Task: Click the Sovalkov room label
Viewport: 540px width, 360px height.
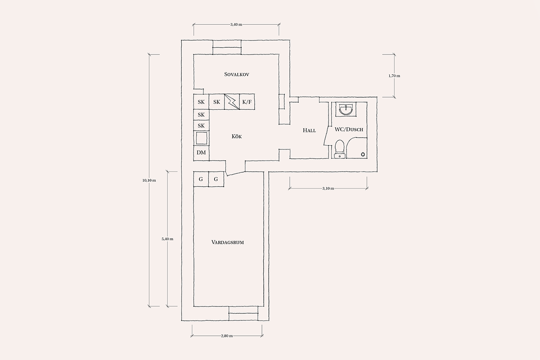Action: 237,74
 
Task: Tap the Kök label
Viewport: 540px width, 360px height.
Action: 237,136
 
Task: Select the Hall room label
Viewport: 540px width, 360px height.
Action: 309,130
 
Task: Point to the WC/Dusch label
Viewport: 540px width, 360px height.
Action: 349,130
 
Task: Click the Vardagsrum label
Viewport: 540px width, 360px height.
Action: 228,243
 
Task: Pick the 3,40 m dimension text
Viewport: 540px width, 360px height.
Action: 236,24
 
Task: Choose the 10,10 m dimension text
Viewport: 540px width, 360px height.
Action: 149,180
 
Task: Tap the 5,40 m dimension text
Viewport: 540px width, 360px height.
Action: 167,239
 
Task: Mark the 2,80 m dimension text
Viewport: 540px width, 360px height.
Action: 227,336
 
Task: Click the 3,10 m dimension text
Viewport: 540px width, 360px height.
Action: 328,188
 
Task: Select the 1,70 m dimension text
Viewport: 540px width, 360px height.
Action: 394,76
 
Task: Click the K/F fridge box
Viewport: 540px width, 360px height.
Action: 247,102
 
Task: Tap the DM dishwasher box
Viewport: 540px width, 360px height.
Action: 201,153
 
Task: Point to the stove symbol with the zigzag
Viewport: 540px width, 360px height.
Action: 232,102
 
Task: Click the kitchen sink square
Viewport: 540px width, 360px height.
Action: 201,138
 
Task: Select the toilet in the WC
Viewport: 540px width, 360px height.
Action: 340,149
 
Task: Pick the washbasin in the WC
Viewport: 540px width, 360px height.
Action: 346,109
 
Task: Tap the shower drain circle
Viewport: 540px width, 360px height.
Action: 363,154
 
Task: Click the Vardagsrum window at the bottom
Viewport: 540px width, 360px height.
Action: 243,314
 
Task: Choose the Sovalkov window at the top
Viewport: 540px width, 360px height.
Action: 227,47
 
